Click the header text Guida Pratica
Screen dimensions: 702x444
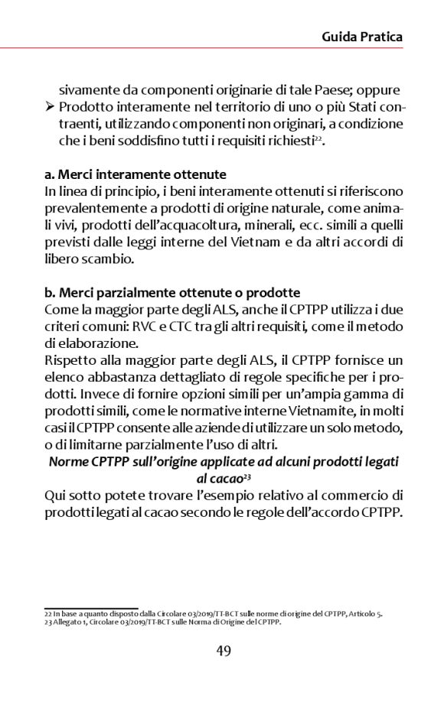click(x=362, y=37)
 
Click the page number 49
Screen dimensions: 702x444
click(x=222, y=650)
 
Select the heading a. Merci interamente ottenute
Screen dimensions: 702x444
click(x=135, y=174)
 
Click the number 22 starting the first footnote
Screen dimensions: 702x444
click(x=47, y=613)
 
